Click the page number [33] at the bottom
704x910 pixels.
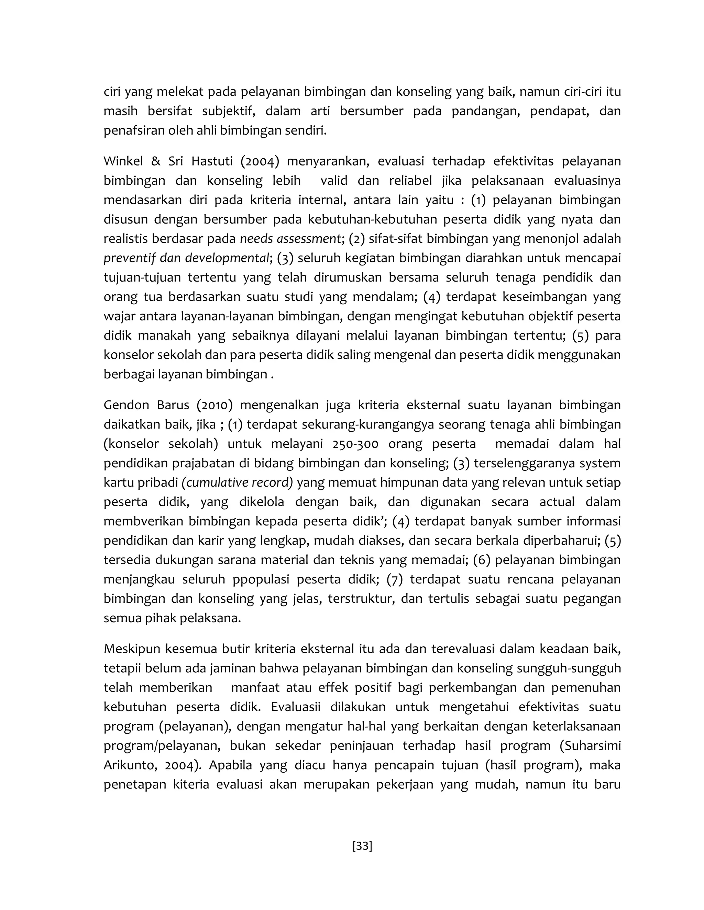[362, 846]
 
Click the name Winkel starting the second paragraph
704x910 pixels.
[123, 161]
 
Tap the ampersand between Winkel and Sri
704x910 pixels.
[155, 161]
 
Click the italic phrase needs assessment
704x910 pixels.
[291, 239]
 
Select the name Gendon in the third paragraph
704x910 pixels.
[125, 405]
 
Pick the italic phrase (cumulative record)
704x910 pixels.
[237, 482]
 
